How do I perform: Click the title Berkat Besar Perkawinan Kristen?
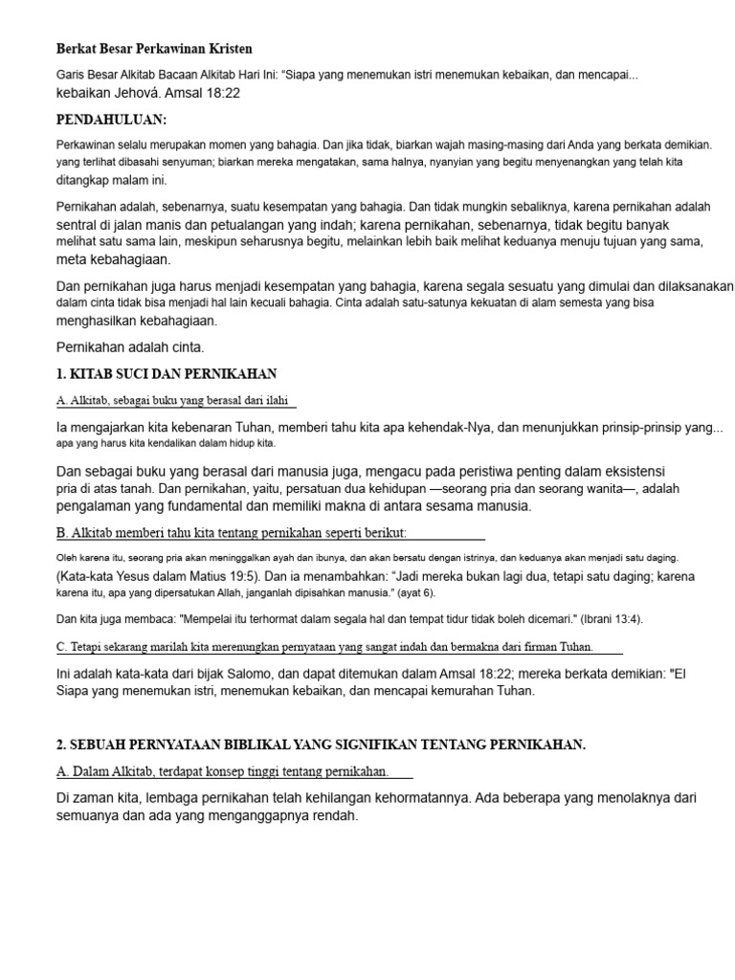(154, 48)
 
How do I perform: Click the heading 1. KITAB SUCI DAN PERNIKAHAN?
(167, 372)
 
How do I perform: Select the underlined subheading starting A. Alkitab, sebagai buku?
(177, 400)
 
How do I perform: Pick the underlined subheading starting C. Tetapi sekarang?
(325, 646)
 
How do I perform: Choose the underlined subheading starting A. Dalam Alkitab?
(223, 770)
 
